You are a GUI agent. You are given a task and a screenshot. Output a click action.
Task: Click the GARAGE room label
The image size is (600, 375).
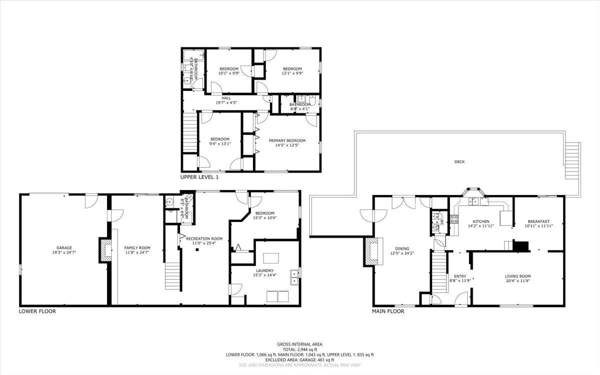pos(64,247)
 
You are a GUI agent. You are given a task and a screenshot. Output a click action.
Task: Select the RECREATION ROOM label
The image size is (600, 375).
pos(204,238)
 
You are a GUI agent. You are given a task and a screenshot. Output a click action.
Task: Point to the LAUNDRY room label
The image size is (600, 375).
pos(264,270)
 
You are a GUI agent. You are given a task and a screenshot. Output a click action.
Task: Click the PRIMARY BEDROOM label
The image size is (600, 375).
pos(287,140)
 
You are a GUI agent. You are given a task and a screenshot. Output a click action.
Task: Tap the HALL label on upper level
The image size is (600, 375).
pos(226,98)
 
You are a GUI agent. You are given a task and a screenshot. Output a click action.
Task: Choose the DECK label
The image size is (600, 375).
pos(459,161)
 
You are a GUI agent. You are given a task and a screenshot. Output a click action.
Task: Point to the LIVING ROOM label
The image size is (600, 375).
pos(517,276)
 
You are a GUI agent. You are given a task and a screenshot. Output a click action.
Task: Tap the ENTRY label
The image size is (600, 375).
pos(459,276)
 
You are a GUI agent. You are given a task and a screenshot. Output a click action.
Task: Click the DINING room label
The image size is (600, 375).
pos(402,248)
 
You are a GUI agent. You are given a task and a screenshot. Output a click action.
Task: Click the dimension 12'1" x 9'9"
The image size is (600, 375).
pos(292,73)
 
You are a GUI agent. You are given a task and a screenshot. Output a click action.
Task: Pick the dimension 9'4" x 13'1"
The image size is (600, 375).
pos(219,143)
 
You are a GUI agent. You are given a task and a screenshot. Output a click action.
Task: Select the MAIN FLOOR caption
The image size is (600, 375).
pos(388,311)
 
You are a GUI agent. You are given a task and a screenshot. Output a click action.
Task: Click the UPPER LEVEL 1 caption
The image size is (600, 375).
pos(199,177)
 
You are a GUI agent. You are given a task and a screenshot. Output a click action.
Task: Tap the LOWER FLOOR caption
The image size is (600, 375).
pos(37,311)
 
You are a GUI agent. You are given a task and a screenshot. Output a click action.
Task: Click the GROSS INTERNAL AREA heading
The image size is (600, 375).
pos(299,344)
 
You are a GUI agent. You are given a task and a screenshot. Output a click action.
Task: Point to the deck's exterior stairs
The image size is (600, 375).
pos(572,161)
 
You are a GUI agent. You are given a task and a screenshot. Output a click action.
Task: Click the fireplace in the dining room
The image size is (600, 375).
pos(371,250)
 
